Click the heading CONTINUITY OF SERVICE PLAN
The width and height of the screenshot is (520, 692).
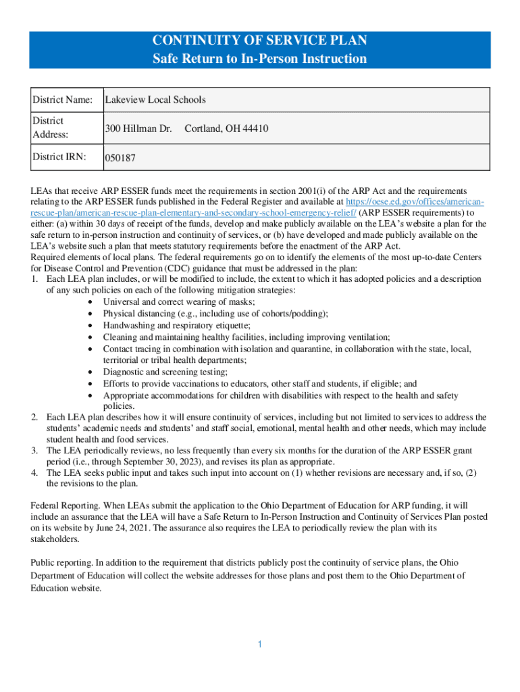[x=259, y=41]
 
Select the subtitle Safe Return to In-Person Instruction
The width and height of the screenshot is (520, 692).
[x=259, y=59]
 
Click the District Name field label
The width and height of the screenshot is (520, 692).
[x=63, y=100]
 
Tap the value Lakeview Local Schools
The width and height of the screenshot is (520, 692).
[x=155, y=100]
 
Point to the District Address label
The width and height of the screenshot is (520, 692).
[x=50, y=128]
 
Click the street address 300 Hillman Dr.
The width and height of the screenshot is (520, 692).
[x=138, y=128]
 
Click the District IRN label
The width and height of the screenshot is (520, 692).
[x=59, y=157]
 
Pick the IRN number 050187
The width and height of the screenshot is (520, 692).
[x=120, y=159]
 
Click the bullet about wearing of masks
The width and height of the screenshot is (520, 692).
[x=179, y=301]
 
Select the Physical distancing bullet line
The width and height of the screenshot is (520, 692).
[x=215, y=314]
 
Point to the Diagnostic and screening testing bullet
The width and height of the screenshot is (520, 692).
[x=165, y=372]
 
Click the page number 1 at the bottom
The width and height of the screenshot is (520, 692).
[x=259, y=644]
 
